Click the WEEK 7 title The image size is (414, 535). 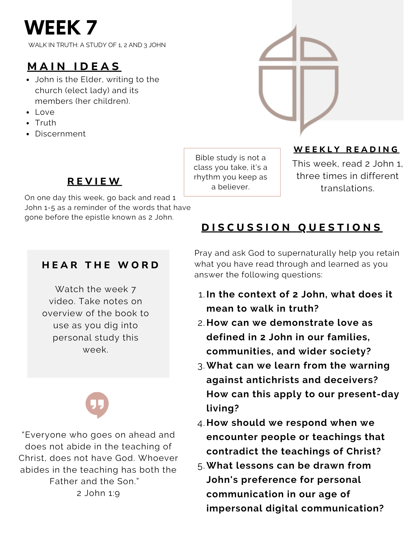pos(61,28)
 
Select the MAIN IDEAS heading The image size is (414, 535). pos(74,67)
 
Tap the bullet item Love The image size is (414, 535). pos(45,112)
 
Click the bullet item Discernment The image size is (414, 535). pos(60,134)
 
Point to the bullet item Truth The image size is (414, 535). pos(46,123)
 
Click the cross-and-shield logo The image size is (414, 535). pos(299,80)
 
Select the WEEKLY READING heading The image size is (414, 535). pos(346,149)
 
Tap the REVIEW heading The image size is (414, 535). pos(94,181)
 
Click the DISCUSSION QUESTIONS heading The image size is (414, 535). pos(292,227)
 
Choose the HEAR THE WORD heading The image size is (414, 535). pos(101,265)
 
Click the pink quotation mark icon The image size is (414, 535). pos(97,404)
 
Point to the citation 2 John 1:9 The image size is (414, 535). pos(98,493)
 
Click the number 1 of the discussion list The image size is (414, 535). pos(202,295)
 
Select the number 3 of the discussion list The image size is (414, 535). pos(201,366)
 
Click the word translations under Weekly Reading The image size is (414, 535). pos(347,188)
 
